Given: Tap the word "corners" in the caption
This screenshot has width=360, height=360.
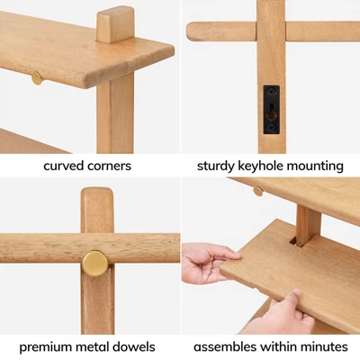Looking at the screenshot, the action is [109, 166].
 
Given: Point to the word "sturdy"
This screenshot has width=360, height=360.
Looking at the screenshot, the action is [216, 166].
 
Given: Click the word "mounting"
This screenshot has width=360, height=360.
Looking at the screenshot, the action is [315, 166].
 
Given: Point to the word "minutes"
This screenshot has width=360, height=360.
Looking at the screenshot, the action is [325, 346].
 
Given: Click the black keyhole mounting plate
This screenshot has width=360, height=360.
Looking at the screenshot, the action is [272, 110].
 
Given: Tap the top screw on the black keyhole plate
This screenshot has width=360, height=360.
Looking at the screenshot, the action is [272, 92].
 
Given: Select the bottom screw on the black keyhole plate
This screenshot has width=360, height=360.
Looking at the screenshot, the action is [272, 127].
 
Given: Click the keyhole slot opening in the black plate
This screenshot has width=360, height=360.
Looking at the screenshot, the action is [272, 112].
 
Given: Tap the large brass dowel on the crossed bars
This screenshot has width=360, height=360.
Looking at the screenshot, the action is [95, 264].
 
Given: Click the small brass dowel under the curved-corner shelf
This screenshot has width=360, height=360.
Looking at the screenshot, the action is [37, 78].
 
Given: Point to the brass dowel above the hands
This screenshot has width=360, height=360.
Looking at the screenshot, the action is [258, 191].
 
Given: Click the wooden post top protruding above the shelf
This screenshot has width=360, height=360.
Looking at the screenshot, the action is [115, 24].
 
